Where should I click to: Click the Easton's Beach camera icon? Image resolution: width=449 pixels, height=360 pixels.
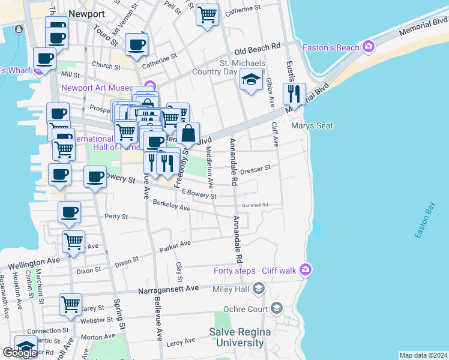[368, 47]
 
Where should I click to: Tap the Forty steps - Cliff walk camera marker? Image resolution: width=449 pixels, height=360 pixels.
[306, 270]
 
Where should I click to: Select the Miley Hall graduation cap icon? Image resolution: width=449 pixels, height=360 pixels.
[258, 290]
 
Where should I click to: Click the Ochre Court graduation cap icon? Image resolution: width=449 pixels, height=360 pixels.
[277, 308]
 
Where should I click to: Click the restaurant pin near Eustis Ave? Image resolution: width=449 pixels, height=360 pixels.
[294, 94]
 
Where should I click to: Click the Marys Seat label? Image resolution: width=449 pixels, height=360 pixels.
[312, 126]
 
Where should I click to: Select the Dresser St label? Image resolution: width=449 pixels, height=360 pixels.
[256, 170]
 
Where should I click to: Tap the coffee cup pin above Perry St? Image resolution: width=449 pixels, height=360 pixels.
[70, 212]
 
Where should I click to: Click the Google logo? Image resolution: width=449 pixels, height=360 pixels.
[20, 353]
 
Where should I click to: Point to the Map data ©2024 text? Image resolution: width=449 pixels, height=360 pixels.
[423, 355]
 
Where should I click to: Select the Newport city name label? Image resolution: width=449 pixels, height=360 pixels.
[86, 13]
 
